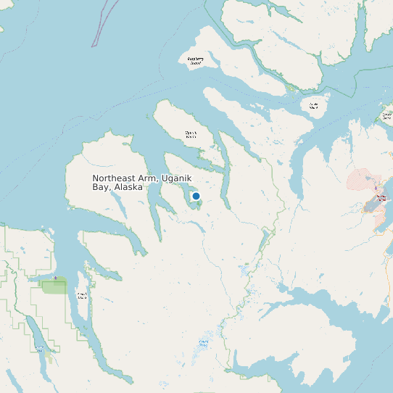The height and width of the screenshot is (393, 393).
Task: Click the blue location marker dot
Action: click(196, 196)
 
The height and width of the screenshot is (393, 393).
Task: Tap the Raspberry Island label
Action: click(195, 61)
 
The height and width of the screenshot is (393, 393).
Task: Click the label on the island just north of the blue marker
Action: click(191, 134)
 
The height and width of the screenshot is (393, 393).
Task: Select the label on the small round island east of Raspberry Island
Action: click(314, 106)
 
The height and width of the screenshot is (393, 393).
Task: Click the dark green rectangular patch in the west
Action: click(54, 286)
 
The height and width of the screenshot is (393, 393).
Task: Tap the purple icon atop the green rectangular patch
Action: click(55, 278)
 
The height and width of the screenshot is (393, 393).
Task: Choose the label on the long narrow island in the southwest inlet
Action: click(82, 295)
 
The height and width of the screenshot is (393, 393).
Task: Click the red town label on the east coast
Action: click(381, 197)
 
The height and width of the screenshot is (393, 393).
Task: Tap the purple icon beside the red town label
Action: click(376, 191)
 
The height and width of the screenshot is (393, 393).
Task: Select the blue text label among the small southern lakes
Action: click(204, 342)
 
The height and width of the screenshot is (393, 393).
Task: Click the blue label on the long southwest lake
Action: click(38, 347)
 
